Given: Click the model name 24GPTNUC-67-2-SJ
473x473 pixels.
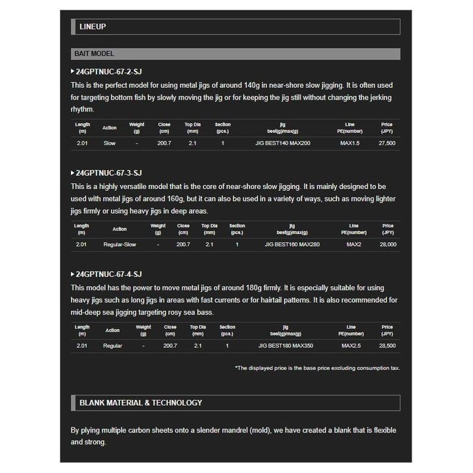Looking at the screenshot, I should [x=109, y=71].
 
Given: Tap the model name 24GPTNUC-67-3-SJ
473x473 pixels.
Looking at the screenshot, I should [x=109, y=173].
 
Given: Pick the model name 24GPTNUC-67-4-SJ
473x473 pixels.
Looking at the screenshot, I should [x=109, y=274].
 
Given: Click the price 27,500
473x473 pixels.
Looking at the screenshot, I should [x=386, y=143].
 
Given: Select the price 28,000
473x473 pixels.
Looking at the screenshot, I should [x=388, y=244].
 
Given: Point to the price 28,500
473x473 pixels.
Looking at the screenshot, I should [x=387, y=346].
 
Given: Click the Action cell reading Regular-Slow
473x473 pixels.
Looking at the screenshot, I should [x=120, y=244].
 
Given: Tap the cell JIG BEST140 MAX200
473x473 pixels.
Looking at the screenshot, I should [x=282, y=143].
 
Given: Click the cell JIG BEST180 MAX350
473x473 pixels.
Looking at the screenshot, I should [x=285, y=346].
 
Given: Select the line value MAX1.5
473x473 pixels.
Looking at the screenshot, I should [x=350, y=143].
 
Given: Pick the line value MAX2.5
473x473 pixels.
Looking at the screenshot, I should [x=351, y=346].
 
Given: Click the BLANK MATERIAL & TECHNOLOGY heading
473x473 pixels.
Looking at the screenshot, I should [x=140, y=403].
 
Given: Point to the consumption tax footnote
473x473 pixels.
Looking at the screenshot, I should [x=317, y=368].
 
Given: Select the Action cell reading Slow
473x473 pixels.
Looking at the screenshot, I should [x=109, y=143].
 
